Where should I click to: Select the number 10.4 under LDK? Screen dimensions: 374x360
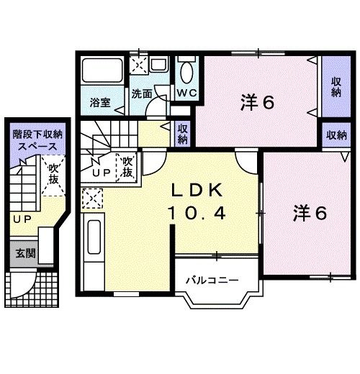point(198,214)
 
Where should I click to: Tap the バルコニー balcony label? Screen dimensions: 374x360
point(211,278)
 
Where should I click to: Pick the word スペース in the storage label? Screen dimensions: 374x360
point(35,145)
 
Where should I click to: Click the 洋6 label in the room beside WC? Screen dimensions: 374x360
point(257,102)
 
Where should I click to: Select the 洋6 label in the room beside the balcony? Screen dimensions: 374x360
point(310,214)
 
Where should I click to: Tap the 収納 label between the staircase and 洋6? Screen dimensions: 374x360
point(183,134)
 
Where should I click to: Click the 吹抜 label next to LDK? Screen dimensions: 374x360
point(127,168)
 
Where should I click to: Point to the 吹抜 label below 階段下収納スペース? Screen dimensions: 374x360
point(53,176)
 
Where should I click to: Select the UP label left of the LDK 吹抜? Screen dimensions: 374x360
point(101,173)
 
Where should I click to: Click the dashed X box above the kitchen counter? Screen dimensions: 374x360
point(92,196)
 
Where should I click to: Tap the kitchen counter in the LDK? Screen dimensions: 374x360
point(94,248)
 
